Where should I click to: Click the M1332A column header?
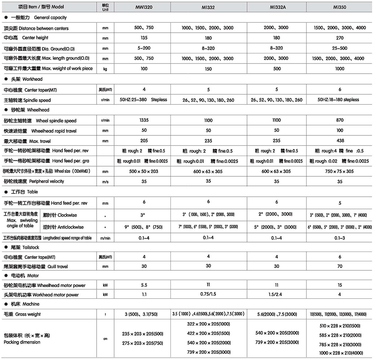point(277,7)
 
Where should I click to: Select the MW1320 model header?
point(144,7)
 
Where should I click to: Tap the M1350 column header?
point(339,7)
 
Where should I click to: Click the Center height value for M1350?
point(339,38)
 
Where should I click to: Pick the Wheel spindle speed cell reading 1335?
point(144,120)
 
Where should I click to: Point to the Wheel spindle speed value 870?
point(339,120)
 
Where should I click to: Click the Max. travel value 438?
point(339,141)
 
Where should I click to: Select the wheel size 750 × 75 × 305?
point(339,171)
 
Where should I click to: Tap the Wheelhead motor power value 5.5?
point(144,285)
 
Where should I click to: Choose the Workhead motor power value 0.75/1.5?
point(208,295)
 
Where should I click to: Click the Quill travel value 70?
point(339,266)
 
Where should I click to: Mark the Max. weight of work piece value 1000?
point(339,69)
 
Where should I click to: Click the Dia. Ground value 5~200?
point(144,48)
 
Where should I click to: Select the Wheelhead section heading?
point(26,110)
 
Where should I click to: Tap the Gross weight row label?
point(22,314)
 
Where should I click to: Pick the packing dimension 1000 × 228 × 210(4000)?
point(339,353)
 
